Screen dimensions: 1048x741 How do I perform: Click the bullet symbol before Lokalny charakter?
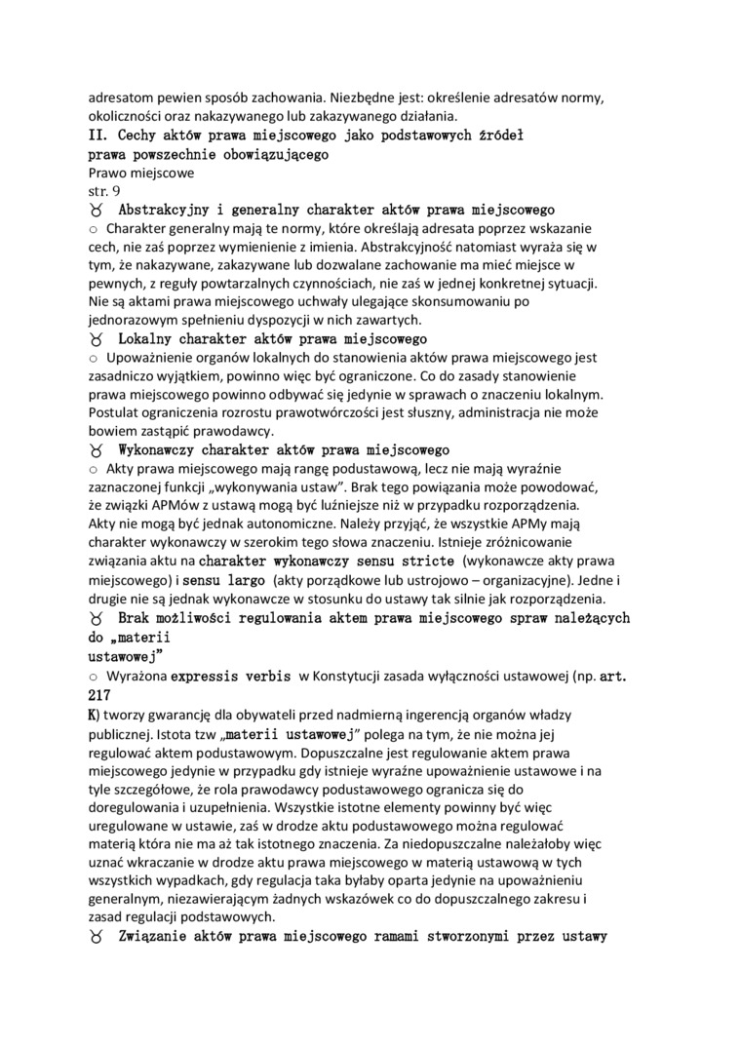click(x=96, y=339)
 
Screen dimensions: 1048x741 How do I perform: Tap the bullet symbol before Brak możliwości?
click(x=96, y=619)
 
